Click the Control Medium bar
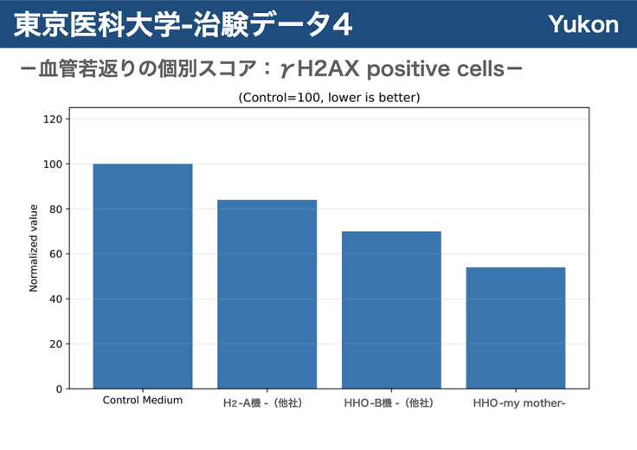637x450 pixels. pyautogui.click(x=143, y=276)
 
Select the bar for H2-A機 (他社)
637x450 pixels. pyautogui.click(x=267, y=294)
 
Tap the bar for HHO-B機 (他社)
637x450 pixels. pyautogui.click(x=391, y=310)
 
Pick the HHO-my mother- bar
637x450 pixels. pyautogui.click(x=516, y=328)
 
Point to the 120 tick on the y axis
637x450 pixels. pyautogui.click(x=53, y=119)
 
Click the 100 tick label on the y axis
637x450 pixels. pyautogui.click(x=53, y=164)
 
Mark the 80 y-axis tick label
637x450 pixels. pyautogui.click(x=56, y=209)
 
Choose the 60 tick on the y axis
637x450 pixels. pyautogui.click(x=56, y=254)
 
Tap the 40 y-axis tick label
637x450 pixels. pyautogui.click(x=56, y=299)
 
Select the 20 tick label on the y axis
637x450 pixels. pyautogui.click(x=56, y=344)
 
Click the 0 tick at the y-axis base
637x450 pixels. pyautogui.click(x=60, y=389)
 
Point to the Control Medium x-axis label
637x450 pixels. pyautogui.click(x=143, y=400)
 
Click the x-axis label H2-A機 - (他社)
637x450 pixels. pyautogui.click(x=263, y=403)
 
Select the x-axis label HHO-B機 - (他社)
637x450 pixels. pyautogui.click(x=389, y=403)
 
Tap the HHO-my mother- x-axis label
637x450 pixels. pyautogui.click(x=519, y=403)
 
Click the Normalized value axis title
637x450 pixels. pyautogui.click(x=33, y=248)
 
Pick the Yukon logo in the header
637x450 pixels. pyautogui.click(x=583, y=24)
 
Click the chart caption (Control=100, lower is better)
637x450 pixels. pyautogui.click(x=329, y=98)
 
